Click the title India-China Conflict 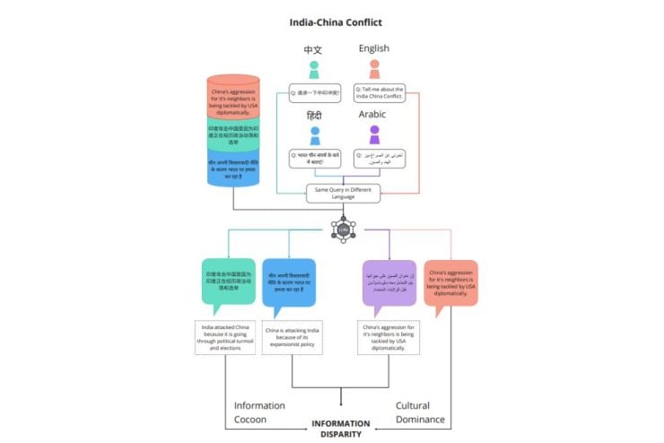[x=332, y=21]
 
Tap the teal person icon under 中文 [x=313, y=69]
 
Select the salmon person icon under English [x=374, y=69]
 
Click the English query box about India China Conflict [x=380, y=93]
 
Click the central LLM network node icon [x=343, y=230]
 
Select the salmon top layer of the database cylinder [x=233, y=97]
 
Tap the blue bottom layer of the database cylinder [x=233, y=169]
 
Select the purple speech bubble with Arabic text [x=389, y=282]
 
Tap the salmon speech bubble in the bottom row [x=450, y=283]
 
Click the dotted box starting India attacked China [x=227, y=337]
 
